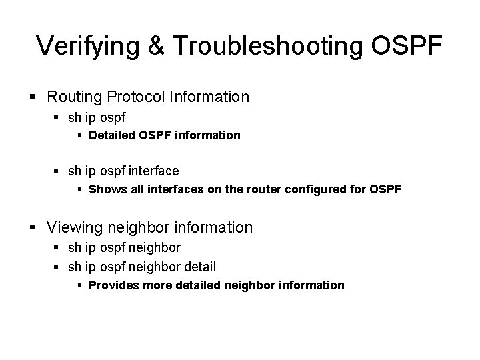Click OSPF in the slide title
tap(408, 45)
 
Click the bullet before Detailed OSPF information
tap(81, 135)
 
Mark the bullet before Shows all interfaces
tap(81, 190)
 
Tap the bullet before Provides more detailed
tap(81, 286)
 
